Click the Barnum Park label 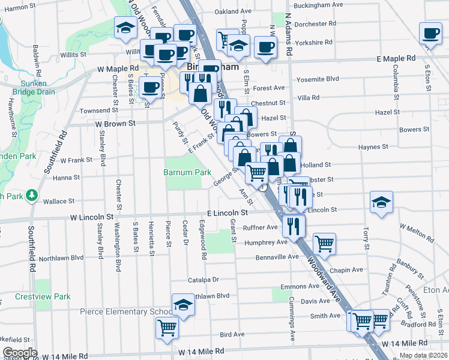point(187,172)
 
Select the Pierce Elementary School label point(126,312)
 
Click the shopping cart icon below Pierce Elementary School point(167,328)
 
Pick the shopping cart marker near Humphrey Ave point(324,243)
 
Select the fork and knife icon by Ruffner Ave point(294,225)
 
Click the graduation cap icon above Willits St point(126,28)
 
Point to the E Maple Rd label point(396,59)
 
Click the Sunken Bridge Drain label point(37,88)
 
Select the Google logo point(20,353)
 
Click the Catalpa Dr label point(203,280)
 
